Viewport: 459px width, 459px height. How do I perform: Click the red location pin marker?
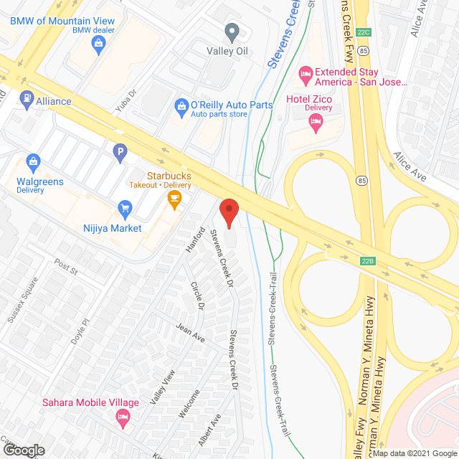(x=229, y=213)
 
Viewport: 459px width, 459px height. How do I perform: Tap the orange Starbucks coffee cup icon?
(x=174, y=203)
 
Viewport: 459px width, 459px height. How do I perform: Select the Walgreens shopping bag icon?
(x=32, y=161)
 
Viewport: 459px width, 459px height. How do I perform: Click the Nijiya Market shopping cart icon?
(x=126, y=210)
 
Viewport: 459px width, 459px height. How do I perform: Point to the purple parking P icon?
(x=120, y=151)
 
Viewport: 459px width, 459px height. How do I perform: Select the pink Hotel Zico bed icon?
(x=315, y=123)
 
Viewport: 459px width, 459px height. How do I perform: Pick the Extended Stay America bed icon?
(x=304, y=73)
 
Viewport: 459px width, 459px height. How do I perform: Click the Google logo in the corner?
(x=23, y=450)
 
